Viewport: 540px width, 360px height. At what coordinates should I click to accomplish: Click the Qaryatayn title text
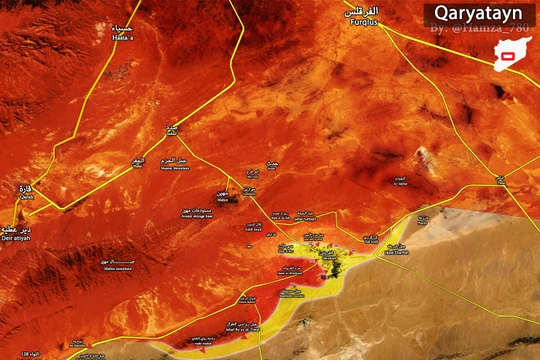tap(474, 14)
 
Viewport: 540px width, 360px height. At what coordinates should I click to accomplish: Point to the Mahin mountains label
tap(117, 264)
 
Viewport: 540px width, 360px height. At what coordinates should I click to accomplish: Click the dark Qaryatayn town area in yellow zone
tap(329, 261)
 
